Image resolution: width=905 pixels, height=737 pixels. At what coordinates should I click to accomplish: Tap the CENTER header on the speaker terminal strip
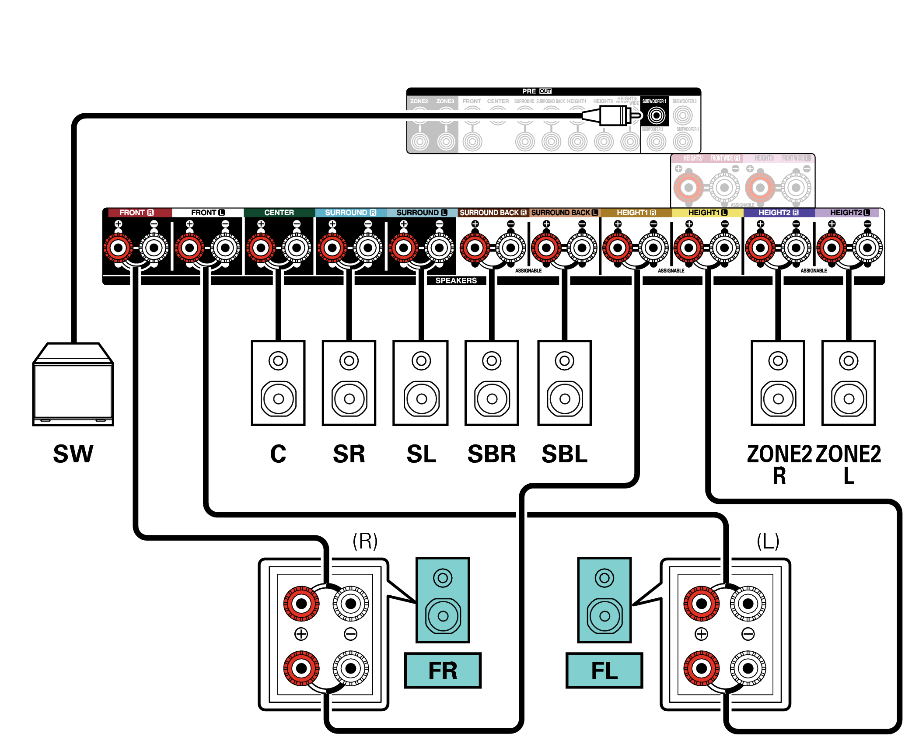pyautogui.click(x=279, y=213)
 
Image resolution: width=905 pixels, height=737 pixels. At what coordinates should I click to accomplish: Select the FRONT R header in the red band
pyautogui.click(x=136, y=213)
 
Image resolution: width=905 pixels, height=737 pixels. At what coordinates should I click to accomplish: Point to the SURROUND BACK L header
pyautogui.click(x=564, y=213)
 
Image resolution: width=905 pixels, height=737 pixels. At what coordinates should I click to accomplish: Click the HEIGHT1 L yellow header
pyautogui.click(x=707, y=213)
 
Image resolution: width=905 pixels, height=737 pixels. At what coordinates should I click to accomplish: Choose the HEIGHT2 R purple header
pyautogui.click(x=778, y=213)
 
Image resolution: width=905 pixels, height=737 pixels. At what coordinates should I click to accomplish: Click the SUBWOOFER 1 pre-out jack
pyautogui.click(x=656, y=116)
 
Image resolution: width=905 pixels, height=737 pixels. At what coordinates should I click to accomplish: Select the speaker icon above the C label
pyautogui.click(x=278, y=383)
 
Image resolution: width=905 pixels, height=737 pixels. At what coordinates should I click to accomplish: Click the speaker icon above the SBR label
pyautogui.click(x=492, y=383)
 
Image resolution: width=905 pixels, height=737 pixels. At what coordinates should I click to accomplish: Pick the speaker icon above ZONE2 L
pyautogui.click(x=849, y=383)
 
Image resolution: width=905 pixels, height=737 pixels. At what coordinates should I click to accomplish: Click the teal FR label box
pyautogui.click(x=443, y=671)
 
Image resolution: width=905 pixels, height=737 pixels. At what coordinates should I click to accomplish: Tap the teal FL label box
pyautogui.click(x=604, y=671)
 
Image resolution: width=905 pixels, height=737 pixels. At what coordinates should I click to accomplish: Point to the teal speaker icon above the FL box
pyautogui.click(x=604, y=600)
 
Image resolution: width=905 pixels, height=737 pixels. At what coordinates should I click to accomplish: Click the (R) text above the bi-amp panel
pyautogui.click(x=365, y=541)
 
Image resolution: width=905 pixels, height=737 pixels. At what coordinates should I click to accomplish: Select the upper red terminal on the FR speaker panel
pyautogui.click(x=301, y=604)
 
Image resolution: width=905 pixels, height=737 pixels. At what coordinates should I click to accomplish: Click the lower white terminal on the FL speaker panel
pyautogui.click(x=748, y=668)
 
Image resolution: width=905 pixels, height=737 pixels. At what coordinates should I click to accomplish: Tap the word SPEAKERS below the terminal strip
pyautogui.click(x=456, y=280)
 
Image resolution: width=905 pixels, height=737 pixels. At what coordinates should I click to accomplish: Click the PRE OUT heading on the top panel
pyautogui.click(x=536, y=91)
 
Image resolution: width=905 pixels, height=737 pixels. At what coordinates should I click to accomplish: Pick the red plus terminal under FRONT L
pyautogui.click(x=189, y=248)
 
